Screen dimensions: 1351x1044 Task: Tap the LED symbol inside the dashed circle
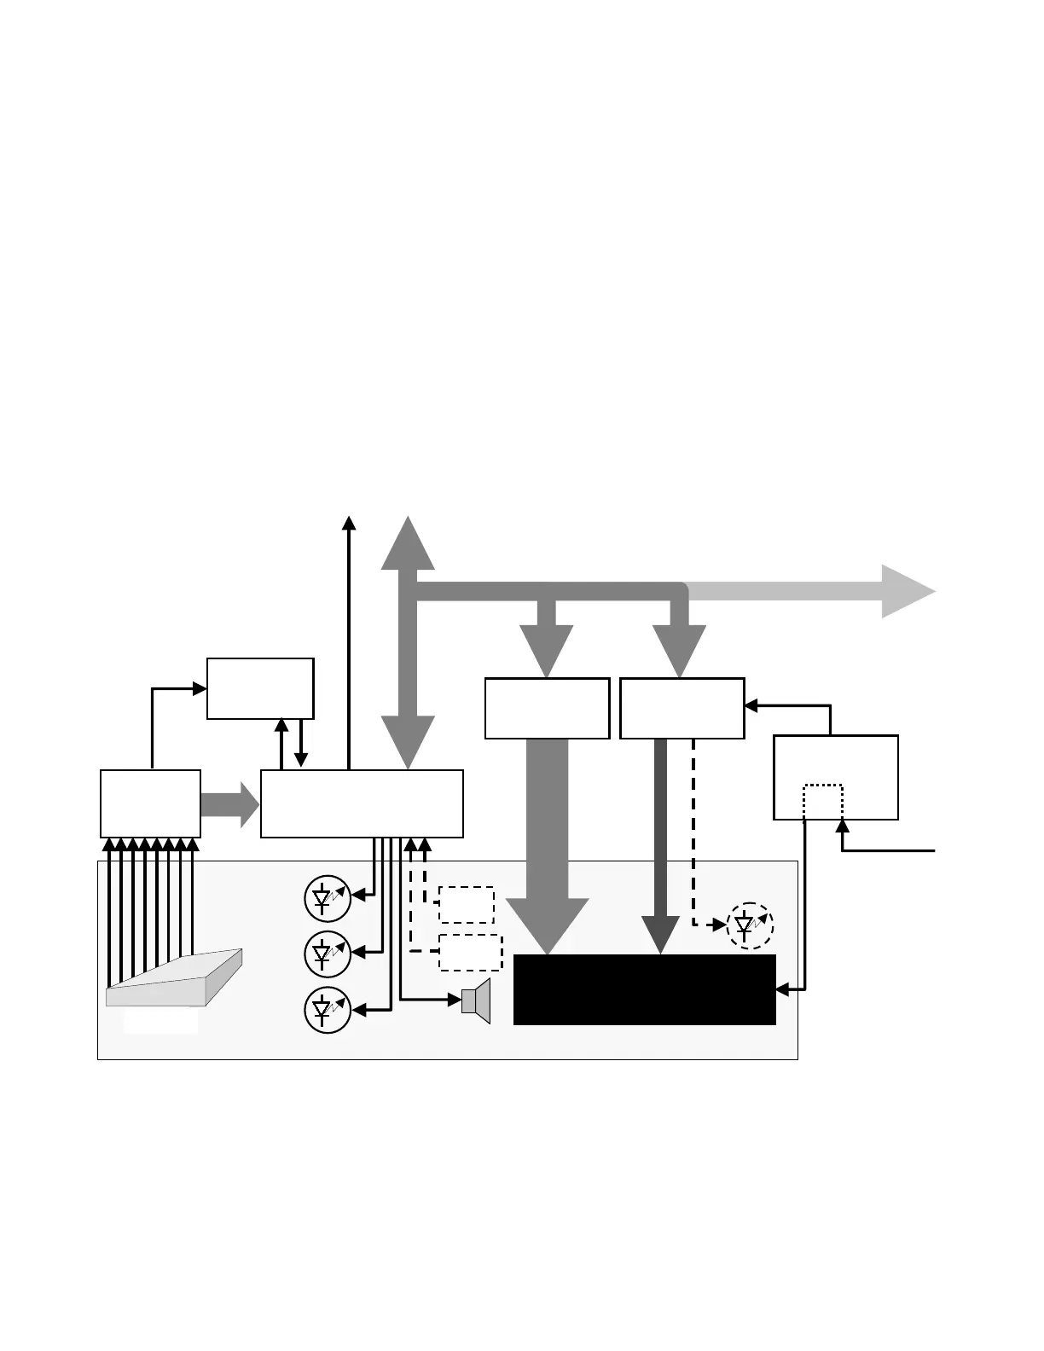click(750, 925)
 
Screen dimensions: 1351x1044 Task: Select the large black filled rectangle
click(644, 989)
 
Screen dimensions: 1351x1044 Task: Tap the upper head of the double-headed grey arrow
click(408, 544)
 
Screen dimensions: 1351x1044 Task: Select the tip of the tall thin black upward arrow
click(348, 521)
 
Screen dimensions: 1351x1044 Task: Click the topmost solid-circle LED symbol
click(328, 898)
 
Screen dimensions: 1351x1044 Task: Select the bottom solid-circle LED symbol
click(328, 1011)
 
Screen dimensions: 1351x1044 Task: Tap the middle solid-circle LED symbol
click(328, 954)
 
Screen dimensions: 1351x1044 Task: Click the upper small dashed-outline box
click(466, 905)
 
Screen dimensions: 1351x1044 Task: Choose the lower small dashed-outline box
click(470, 953)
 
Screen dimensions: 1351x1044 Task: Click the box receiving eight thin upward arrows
click(150, 803)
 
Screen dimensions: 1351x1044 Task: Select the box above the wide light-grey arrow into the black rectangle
click(547, 708)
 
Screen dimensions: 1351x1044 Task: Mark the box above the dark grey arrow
click(681, 708)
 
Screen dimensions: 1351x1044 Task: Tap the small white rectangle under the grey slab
click(160, 1021)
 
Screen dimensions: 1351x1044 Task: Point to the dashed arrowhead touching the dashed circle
click(721, 925)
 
